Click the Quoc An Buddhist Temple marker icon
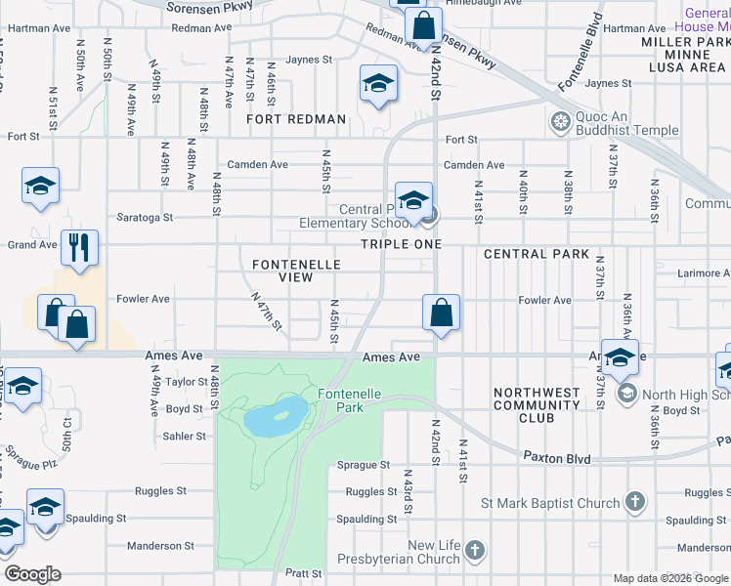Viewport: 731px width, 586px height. click(561, 122)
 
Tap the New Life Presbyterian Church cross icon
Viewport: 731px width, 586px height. click(475, 552)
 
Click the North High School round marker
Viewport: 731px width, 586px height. click(626, 395)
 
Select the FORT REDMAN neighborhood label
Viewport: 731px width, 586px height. click(296, 119)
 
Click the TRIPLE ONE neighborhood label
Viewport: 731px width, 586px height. click(401, 244)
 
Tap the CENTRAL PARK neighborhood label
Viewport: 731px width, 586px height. click(537, 254)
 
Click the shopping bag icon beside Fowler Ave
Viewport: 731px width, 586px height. click(441, 313)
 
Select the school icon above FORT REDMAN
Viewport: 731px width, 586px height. click(377, 83)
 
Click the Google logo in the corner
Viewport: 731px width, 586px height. click(32, 574)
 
